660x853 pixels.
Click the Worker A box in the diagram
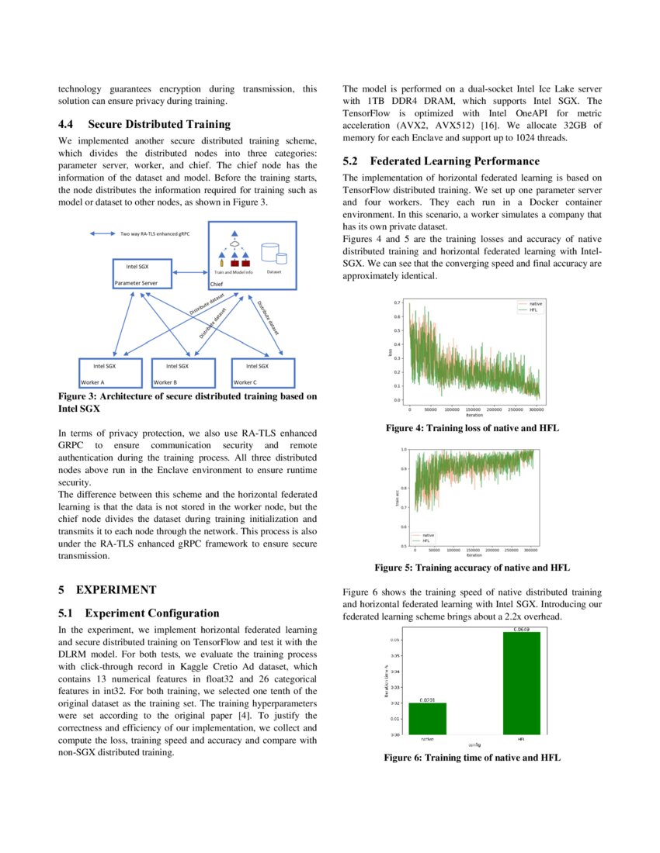[x=111, y=372]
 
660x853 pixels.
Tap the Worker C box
[x=264, y=372]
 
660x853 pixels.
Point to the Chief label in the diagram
[x=217, y=284]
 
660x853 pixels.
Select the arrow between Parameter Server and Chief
[x=191, y=272]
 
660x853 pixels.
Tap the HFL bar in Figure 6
[x=521, y=682]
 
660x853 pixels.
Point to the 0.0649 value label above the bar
[x=521, y=629]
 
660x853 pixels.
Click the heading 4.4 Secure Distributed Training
[x=144, y=123]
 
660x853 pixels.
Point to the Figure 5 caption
[x=471, y=568]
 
